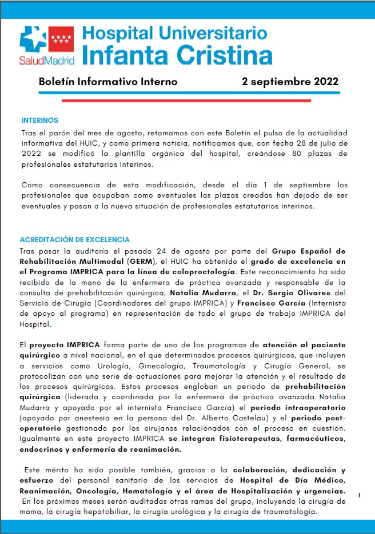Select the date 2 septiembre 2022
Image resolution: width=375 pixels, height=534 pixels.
(x=290, y=82)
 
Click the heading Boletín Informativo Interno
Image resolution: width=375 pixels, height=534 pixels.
(x=108, y=82)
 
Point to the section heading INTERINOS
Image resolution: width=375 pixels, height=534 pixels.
(x=40, y=121)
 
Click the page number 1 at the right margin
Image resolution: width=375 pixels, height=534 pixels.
(x=358, y=495)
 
